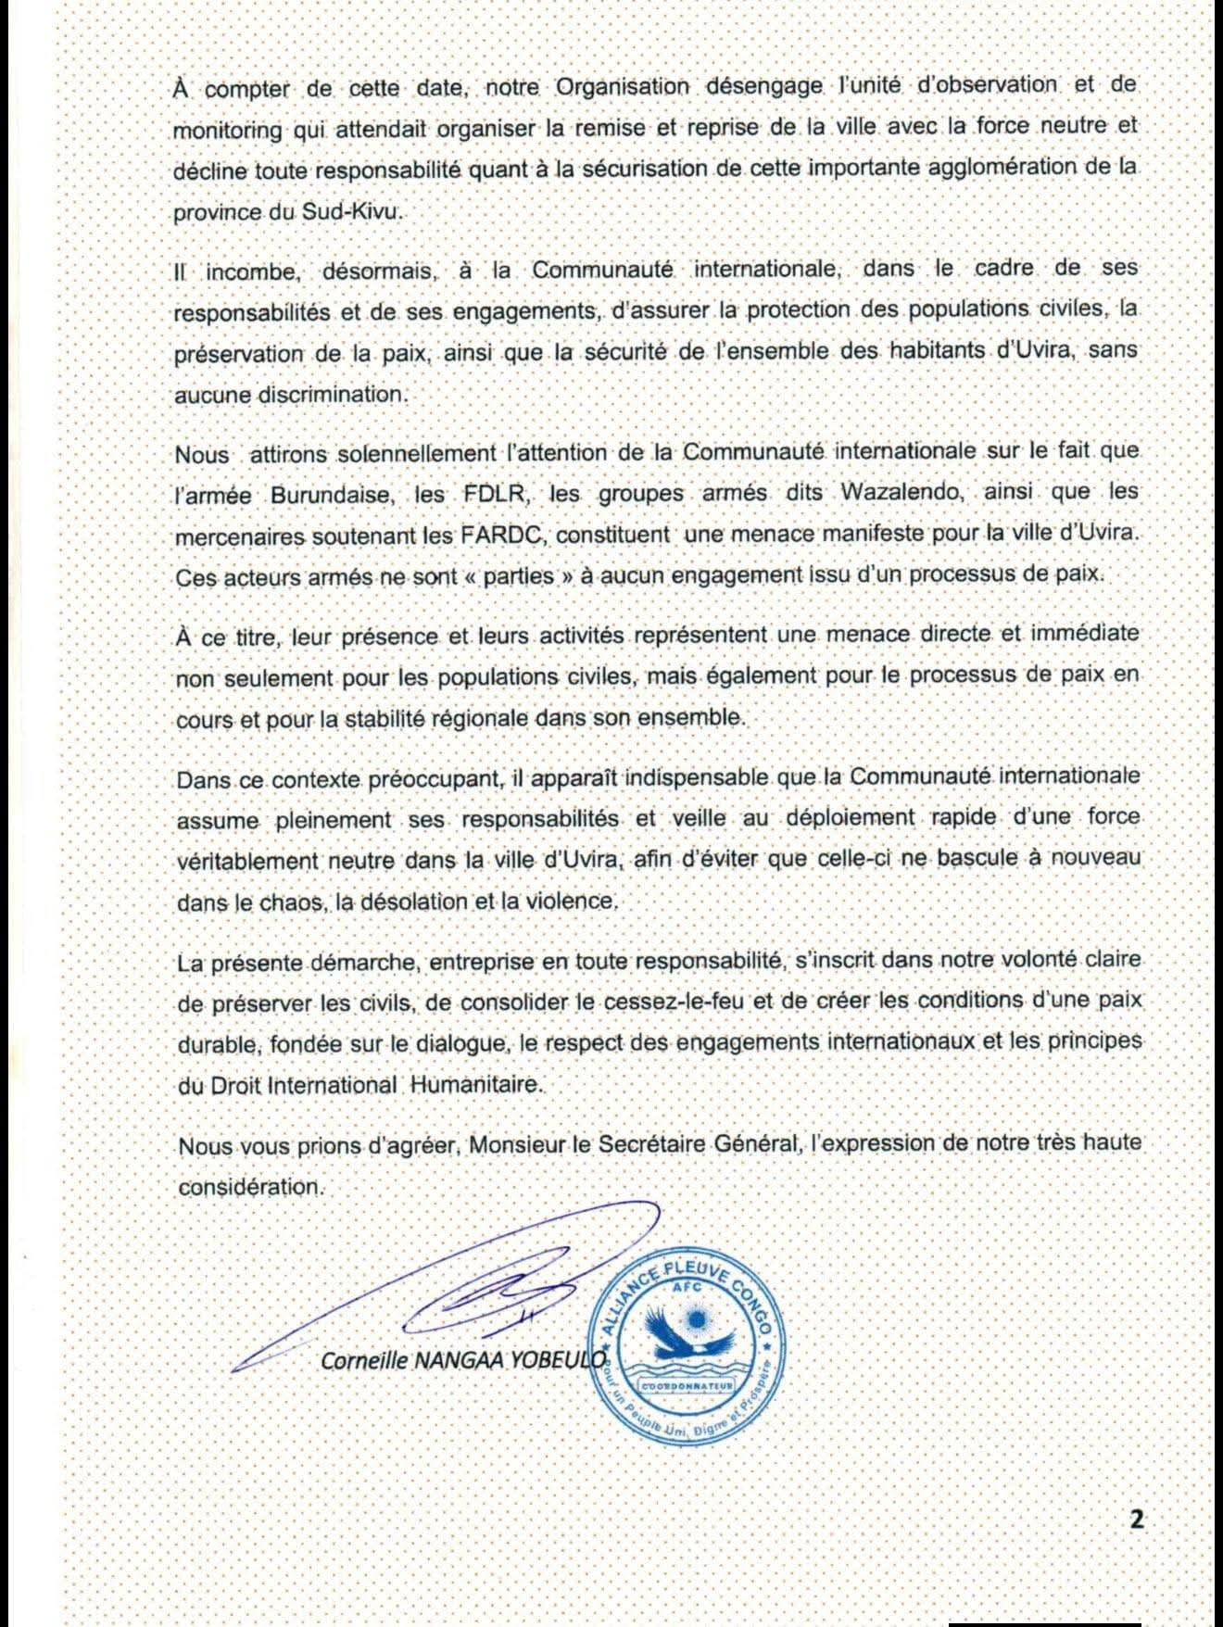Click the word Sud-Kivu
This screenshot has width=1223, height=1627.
352,210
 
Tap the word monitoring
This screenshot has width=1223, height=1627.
228,130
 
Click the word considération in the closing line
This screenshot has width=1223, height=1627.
250,1186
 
